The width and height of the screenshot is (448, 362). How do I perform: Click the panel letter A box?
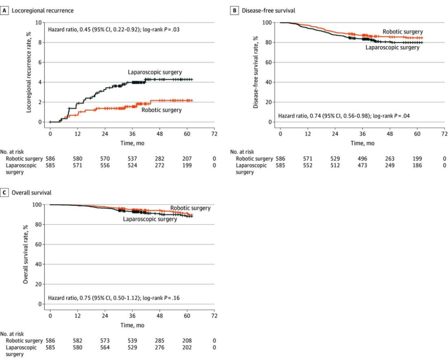4,10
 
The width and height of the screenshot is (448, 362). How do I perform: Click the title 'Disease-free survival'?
268,10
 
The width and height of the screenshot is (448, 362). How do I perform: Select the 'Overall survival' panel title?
32,192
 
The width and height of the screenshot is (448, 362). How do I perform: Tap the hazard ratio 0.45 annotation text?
114,30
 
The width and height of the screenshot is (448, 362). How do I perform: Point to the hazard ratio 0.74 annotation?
344,116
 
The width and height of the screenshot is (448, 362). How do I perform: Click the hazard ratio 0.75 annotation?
114,298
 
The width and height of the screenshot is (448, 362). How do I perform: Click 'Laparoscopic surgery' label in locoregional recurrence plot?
155,72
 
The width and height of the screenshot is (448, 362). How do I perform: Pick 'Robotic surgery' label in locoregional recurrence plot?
162,110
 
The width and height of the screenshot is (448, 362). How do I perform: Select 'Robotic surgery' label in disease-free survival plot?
402,32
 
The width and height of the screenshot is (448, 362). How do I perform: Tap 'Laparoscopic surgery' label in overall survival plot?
150,219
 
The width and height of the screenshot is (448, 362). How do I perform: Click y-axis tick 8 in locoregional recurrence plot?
39,42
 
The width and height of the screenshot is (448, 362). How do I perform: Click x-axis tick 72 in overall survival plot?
214,315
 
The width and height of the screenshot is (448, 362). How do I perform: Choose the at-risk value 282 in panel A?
159,158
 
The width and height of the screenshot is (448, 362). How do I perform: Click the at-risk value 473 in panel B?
362,165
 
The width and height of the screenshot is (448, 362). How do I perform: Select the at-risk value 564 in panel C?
105,347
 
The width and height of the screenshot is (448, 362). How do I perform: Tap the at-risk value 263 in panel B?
390,158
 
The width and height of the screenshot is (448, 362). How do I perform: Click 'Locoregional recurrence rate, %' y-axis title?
29,72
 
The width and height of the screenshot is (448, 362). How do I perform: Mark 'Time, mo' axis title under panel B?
362,143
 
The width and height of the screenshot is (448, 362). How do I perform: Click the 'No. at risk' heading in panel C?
12,334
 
